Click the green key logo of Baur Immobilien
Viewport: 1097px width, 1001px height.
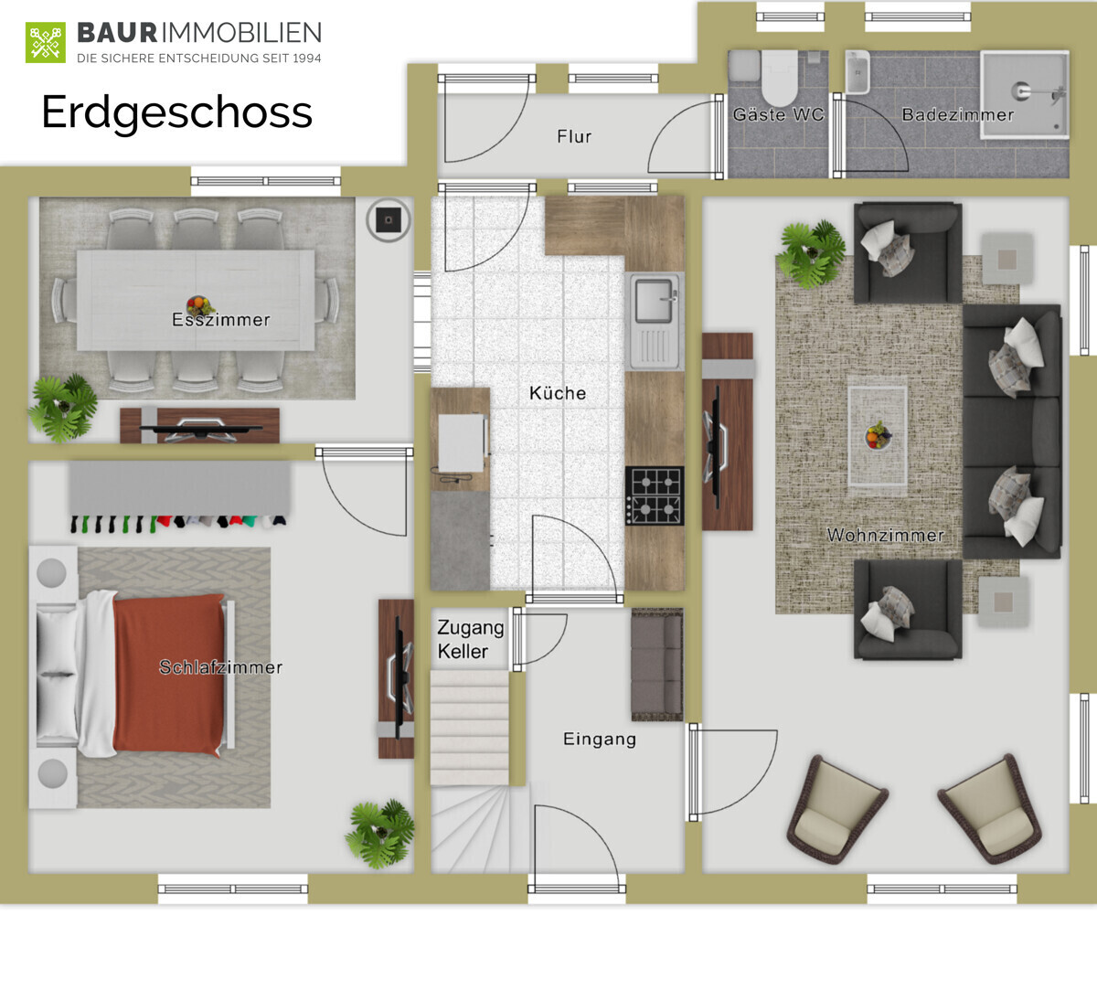point(46,42)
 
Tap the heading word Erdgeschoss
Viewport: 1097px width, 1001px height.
point(176,112)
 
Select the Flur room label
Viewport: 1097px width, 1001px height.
point(574,136)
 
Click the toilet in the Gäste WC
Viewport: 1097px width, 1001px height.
point(779,78)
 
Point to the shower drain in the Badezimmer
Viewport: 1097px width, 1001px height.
point(1020,91)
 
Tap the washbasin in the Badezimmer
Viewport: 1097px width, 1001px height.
point(857,71)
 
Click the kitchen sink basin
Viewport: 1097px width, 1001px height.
point(653,300)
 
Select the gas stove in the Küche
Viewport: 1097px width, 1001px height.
point(655,495)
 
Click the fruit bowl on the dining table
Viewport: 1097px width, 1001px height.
point(198,304)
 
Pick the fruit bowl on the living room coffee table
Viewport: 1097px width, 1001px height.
point(878,435)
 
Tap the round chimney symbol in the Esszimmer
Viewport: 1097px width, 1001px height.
point(389,220)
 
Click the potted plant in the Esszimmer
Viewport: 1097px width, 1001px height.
point(63,408)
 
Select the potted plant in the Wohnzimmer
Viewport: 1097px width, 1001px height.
point(812,254)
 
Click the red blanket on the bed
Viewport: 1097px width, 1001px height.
point(169,675)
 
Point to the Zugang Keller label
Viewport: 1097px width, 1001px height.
point(470,639)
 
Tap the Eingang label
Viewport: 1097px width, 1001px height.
point(600,739)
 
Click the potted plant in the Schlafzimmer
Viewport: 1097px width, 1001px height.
point(380,834)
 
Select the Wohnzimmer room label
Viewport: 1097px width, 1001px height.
point(885,535)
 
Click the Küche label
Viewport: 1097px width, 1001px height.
point(558,393)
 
